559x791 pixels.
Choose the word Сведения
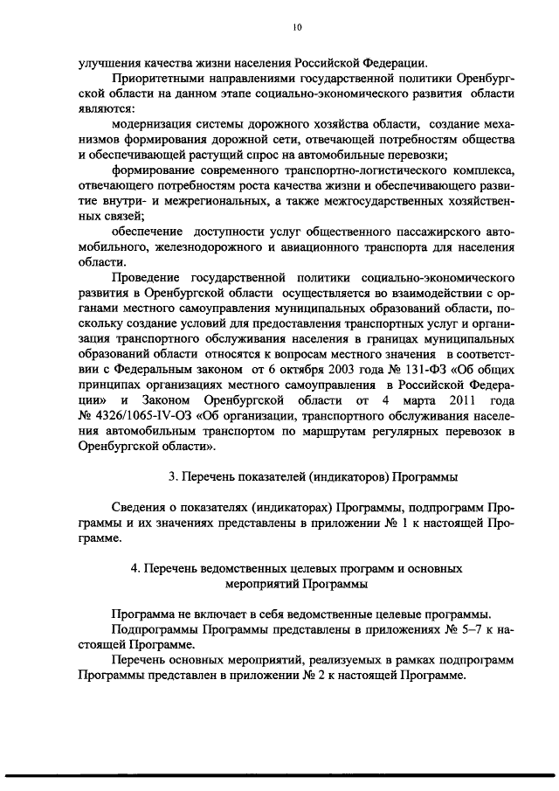141,509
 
